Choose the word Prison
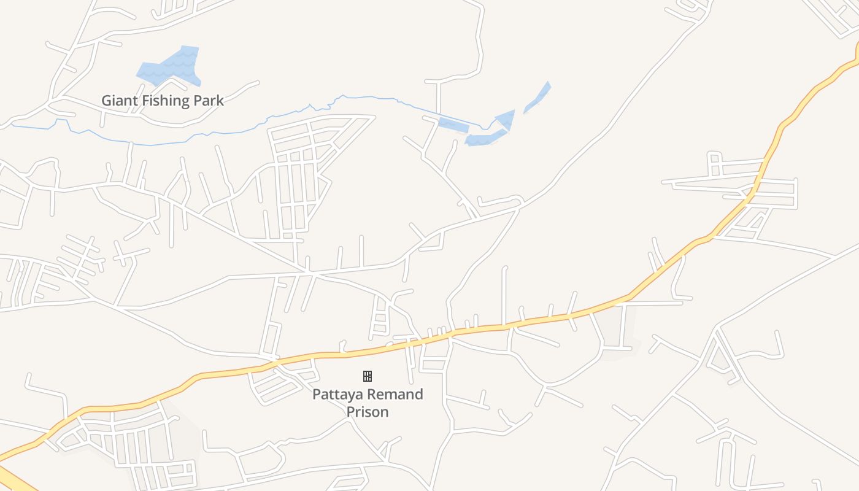(368, 411)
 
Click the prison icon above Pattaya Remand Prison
(368, 376)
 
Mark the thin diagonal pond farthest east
(538, 97)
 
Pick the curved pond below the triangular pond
(485, 139)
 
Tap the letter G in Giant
(107, 100)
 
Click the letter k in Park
(220, 100)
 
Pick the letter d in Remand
(418, 394)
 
